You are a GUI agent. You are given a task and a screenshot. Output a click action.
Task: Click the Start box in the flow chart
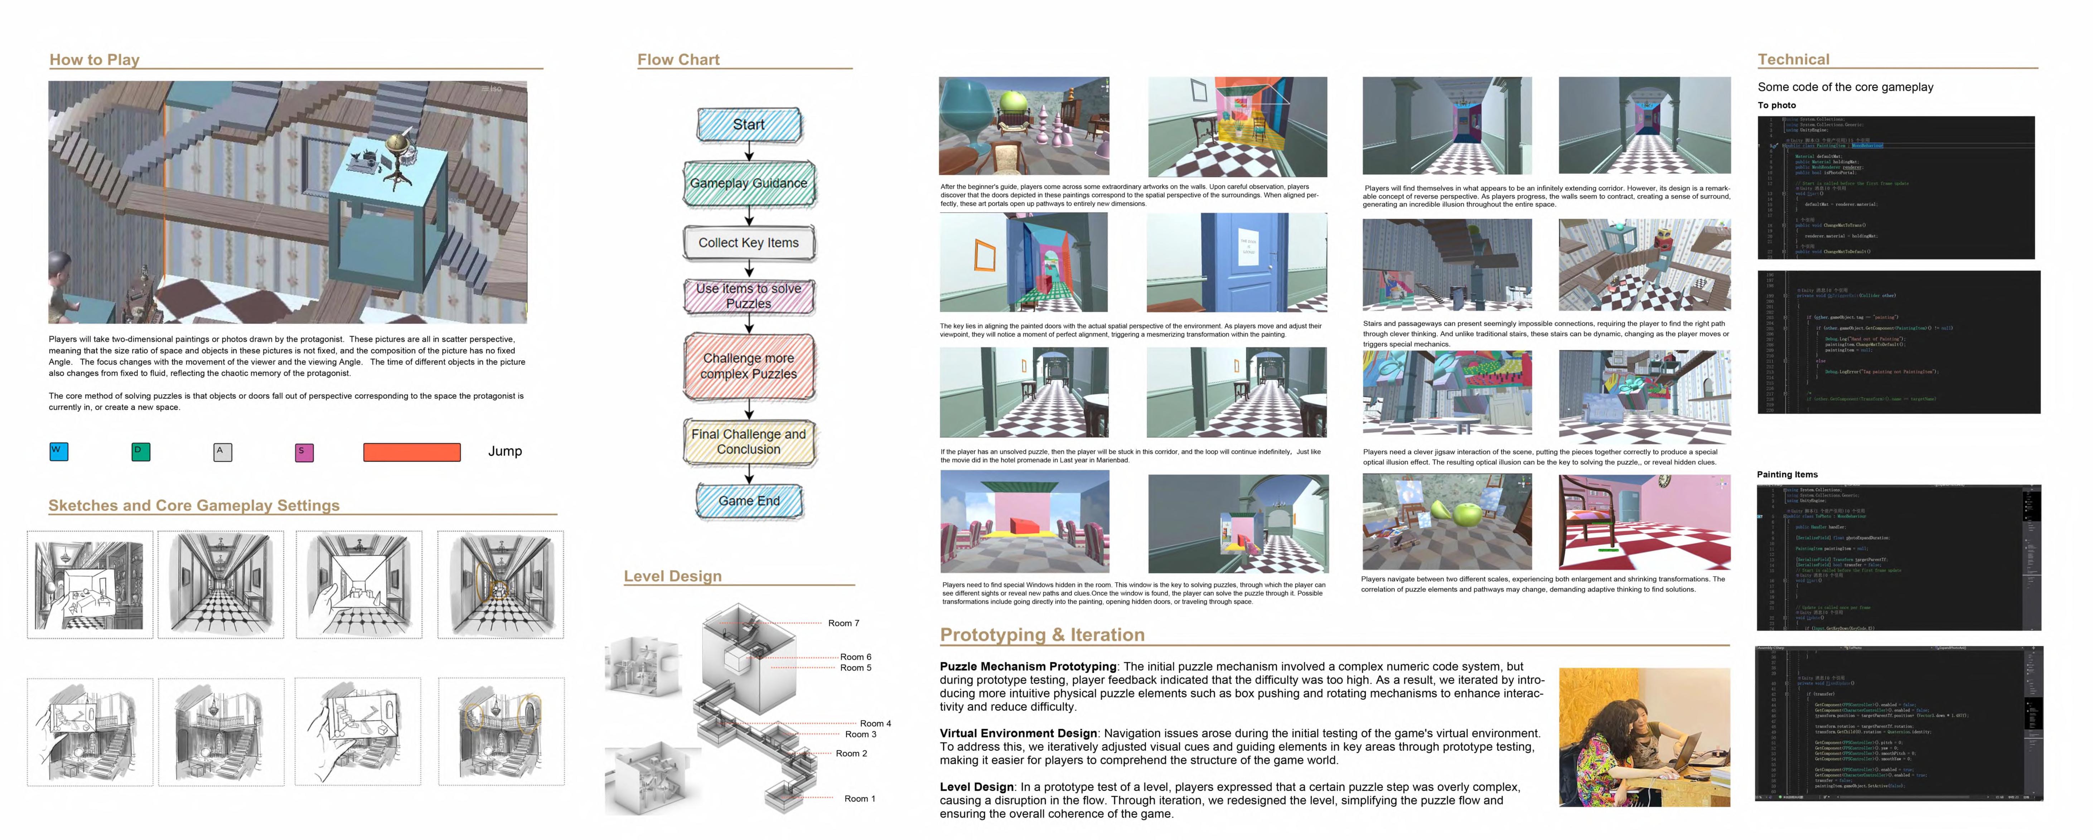click(748, 124)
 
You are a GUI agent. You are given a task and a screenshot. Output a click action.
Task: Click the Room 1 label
click(860, 798)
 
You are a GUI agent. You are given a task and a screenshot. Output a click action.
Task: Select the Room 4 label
click(875, 723)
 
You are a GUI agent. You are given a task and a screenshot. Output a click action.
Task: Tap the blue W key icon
click(58, 452)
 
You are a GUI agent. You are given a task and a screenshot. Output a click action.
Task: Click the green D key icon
click(141, 452)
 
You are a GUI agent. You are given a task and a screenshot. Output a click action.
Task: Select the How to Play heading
click(94, 59)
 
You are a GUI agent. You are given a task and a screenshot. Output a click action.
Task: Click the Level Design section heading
click(672, 576)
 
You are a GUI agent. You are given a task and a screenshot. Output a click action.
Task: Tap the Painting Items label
click(1787, 475)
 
